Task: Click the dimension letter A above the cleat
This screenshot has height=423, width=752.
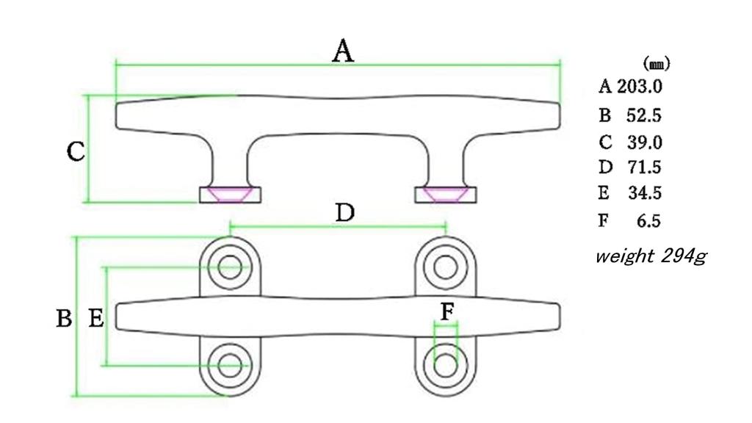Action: [343, 51]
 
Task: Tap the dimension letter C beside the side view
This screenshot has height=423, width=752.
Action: [76, 151]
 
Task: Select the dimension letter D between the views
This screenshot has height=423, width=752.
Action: [344, 213]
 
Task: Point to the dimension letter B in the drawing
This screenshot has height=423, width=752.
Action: [65, 318]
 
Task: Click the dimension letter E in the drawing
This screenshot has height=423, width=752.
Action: [96, 318]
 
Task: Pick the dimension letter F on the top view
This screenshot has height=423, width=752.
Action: [447, 312]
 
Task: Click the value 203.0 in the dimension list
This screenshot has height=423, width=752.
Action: [640, 87]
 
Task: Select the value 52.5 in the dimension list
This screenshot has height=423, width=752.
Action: [643, 115]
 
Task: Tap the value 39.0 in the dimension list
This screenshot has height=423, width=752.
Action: [645, 142]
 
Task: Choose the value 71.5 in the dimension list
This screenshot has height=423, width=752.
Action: [645, 167]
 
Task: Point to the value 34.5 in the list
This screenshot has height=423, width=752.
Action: [645, 193]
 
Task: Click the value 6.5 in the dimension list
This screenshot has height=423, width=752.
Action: [649, 220]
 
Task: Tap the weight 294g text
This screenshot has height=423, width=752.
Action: [651, 256]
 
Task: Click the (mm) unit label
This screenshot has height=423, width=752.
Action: [657, 63]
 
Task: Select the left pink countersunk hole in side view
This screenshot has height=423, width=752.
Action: [230, 194]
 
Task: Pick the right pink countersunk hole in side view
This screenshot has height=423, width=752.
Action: [446, 194]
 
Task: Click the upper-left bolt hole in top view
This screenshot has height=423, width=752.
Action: [230, 267]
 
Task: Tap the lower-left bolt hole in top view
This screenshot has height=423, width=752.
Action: [230, 366]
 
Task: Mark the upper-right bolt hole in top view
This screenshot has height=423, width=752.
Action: [446, 267]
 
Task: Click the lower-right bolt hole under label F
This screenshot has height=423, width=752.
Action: [446, 366]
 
